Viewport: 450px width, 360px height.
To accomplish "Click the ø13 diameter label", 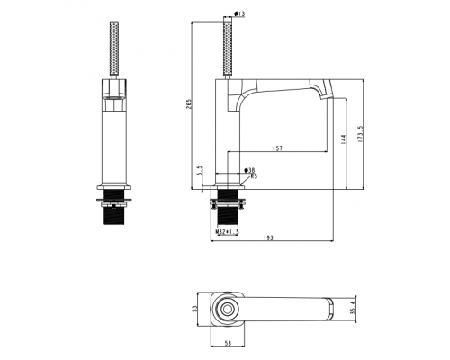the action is click(239, 13).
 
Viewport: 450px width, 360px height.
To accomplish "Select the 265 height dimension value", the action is click(189, 103).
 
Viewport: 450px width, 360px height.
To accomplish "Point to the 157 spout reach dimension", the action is click(277, 148).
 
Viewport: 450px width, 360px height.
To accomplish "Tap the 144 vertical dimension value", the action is click(344, 139).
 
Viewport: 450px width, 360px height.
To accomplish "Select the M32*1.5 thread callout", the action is click(228, 231).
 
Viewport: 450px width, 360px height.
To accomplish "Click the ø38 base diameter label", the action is click(249, 170).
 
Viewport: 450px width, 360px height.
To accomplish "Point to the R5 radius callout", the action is click(254, 176).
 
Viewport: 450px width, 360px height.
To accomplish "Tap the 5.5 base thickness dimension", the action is click(201, 170).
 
